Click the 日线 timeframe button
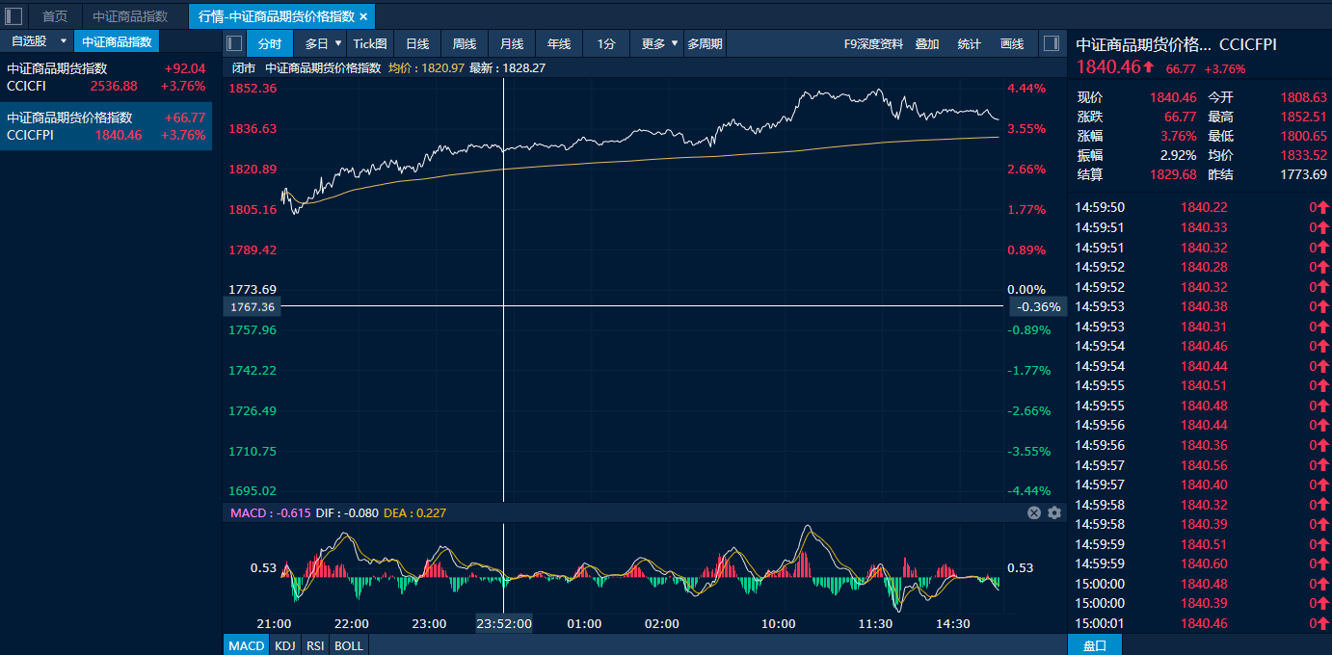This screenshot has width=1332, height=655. pyautogui.click(x=417, y=43)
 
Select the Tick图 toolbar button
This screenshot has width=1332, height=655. pyautogui.click(x=369, y=43)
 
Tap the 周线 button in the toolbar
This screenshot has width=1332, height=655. pyautogui.click(x=465, y=43)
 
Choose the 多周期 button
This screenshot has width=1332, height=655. pyautogui.click(x=705, y=43)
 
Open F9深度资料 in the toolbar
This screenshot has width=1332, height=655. pyautogui.click(x=873, y=43)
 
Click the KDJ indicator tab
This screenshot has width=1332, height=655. pyautogui.click(x=284, y=645)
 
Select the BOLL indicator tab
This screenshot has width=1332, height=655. pyautogui.click(x=349, y=645)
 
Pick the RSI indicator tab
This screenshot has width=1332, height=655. pyautogui.click(x=315, y=645)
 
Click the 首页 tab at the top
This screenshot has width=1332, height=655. pyautogui.click(x=55, y=16)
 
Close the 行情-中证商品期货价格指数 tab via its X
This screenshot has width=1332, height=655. pyautogui.click(x=363, y=16)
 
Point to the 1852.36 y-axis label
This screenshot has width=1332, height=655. pyautogui.click(x=253, y=89)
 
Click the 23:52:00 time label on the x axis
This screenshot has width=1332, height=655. pyautogui.click(x=504, y=623)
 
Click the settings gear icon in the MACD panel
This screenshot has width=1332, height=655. pyautogui.click(x=1054, y=512)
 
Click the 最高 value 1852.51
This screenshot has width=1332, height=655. pyautogui.click(x=1303, y=117)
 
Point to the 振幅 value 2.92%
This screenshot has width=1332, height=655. pyautogui.click(x=1178, y=155)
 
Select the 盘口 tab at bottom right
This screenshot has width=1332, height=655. pyautogui.click(x=1095, y=645)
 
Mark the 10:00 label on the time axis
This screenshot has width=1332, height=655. pyautogui.click(x=779, y=623)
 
